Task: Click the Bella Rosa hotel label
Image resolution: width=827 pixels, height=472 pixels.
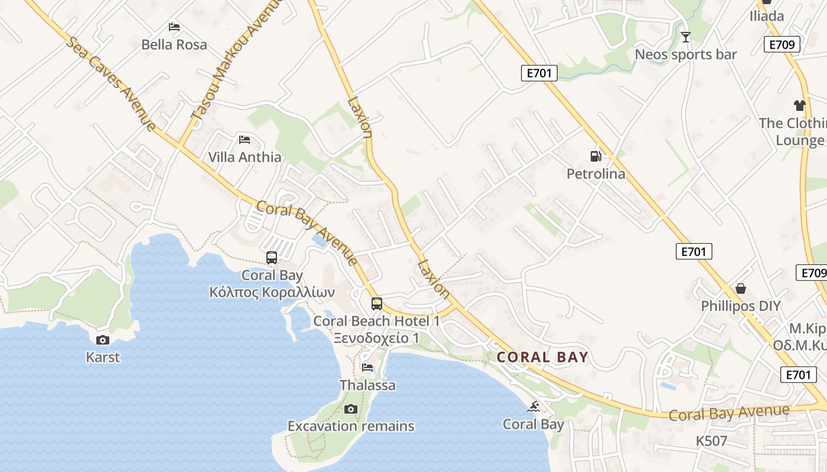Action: tap(174, 44)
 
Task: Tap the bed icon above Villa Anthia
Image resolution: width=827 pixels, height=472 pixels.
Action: tap(245, 140)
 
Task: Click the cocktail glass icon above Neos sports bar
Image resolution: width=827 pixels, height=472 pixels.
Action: tap(685, 38)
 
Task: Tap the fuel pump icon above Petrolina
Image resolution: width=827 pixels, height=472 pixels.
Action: tap(595, 156)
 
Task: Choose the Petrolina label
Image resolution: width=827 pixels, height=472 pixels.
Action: tap(595, 174)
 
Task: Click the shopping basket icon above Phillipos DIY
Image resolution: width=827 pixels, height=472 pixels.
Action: tap(741, 289)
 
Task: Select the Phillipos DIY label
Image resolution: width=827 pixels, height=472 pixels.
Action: tap(741, 306)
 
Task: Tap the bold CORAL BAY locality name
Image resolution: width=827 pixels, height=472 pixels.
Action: tap(542, 357)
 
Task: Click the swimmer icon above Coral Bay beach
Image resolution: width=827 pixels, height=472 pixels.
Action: tap(534, 407)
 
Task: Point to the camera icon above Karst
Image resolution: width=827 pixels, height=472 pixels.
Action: tap(103, 340)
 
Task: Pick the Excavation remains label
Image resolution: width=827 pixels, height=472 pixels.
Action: tap(351, 426)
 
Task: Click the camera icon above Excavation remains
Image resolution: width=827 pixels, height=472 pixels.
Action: tap(351, 409)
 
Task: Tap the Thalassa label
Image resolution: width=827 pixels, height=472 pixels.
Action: tap(367, 385)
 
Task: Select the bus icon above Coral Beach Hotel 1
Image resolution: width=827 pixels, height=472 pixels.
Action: tap(377, 304)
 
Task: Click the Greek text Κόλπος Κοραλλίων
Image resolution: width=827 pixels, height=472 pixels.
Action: tap(272, 292)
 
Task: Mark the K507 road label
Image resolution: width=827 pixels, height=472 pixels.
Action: tap(711, 441)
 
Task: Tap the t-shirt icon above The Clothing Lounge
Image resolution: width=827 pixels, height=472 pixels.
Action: tap(800, 106)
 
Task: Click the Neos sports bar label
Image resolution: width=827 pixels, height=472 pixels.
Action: tap(686, 55)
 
